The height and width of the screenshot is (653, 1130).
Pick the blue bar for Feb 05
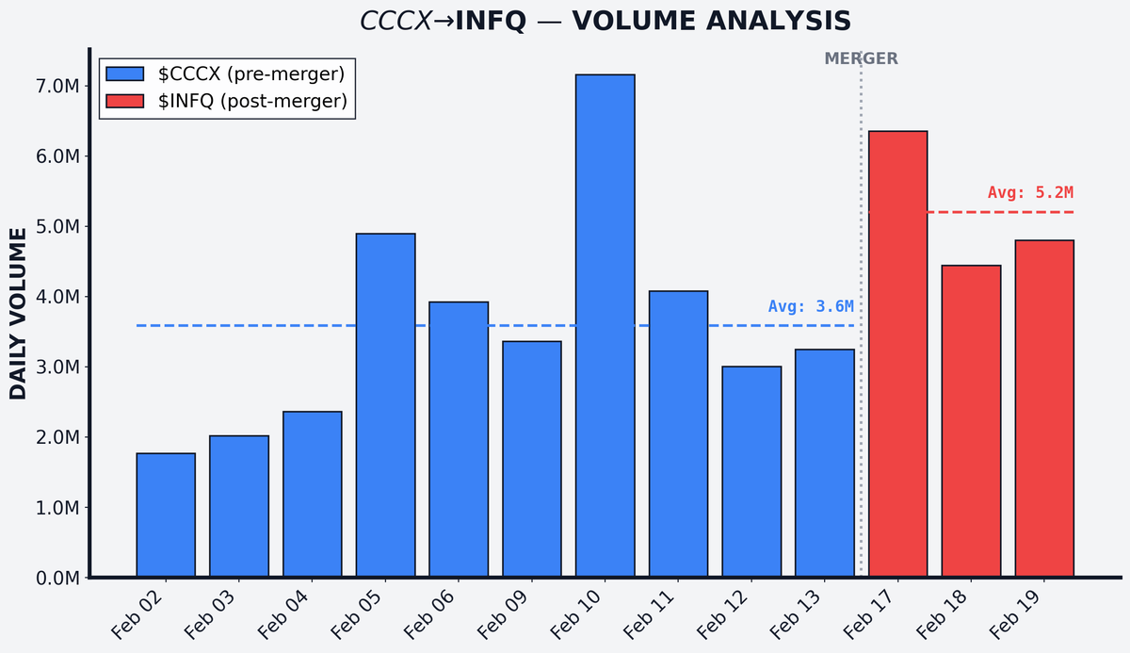pyautogui.click(x=385, y=405)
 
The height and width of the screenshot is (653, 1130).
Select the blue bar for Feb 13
pyautogui.click(x=824, y=463)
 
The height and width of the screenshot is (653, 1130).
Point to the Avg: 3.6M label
pyautogui.click(x=811, y=306)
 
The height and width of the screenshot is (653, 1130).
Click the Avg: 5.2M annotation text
pyautogui.click(x=1030, y=192)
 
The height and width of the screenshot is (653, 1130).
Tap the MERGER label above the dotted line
pyautogui.click(x=861, y=58)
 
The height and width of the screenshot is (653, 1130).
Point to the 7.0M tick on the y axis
pyautogui.click(x=56, y=87)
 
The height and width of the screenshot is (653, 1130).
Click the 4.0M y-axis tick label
pyautogui.click(x=56, y=297)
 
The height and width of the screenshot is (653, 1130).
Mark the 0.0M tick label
pyautogui.click(x=56, y=578)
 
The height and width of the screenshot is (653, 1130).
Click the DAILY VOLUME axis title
pyautogui.click(x=19, y=313)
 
